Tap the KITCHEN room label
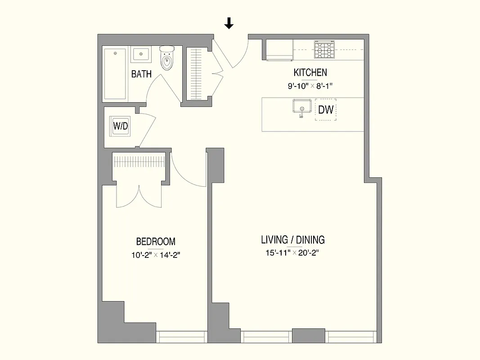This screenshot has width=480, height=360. tap(310, 72)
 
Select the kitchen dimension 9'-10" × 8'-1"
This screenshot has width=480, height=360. tap(310, 86)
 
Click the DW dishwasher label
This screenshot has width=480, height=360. tap(326, 109)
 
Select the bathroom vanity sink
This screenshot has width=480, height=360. tap(141, 54)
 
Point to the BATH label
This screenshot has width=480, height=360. tap(141, 74)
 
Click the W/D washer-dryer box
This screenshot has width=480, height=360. tap(120, 126)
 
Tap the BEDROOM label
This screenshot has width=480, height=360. tap(156, 242)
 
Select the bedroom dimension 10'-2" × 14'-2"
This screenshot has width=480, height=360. tap(156, 255)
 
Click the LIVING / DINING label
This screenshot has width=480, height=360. tap(293, 240)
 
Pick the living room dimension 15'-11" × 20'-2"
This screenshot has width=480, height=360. tap(293, 253)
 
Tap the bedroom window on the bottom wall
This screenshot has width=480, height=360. tap(180, 337)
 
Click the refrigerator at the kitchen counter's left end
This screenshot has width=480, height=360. tap(279, 49)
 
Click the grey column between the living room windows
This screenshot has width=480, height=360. tap(308, 336)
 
